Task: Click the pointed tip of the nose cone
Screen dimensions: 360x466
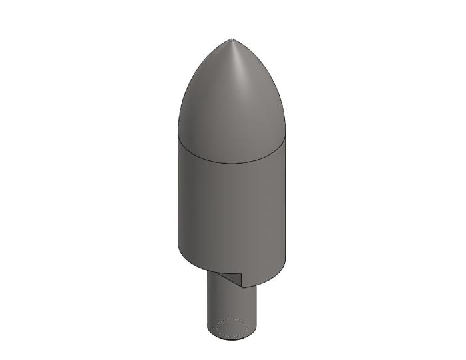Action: pos(232,40)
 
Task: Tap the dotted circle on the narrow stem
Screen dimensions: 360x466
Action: pos(232,328)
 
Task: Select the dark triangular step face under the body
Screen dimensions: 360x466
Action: pos(230,279)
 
